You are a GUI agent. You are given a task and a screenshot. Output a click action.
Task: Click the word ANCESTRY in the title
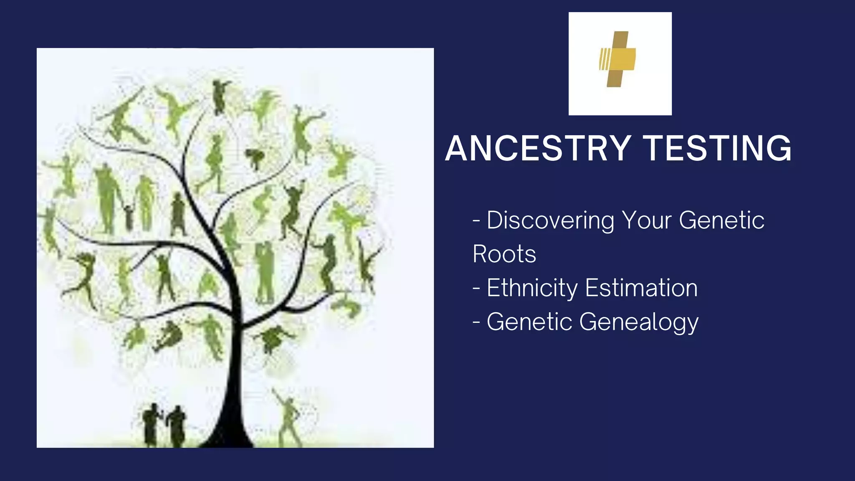click(x=538, y=148)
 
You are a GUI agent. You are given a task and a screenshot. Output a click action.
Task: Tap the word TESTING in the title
click(x=717, y=148)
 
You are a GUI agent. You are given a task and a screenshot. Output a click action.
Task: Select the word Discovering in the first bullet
click(x=550, y=220)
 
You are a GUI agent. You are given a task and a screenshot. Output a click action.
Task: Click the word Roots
click(x=504, y=254)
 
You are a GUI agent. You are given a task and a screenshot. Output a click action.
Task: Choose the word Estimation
click(x=641, y=288)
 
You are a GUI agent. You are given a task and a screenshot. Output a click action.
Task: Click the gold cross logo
click(x=618, y=59)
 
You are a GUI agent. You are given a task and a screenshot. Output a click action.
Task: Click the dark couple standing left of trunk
click(x=164, y=425)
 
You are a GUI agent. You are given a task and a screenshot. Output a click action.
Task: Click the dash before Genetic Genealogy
click(x=476, y=322)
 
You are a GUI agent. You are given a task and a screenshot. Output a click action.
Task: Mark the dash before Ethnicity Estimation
click(x=476, y=288)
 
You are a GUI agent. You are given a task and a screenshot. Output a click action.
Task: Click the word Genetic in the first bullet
click(x=721, y=220)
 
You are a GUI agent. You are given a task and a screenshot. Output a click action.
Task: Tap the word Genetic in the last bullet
click(x=529, y=322)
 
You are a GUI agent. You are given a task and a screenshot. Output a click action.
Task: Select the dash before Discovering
click(x=476, y=220)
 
